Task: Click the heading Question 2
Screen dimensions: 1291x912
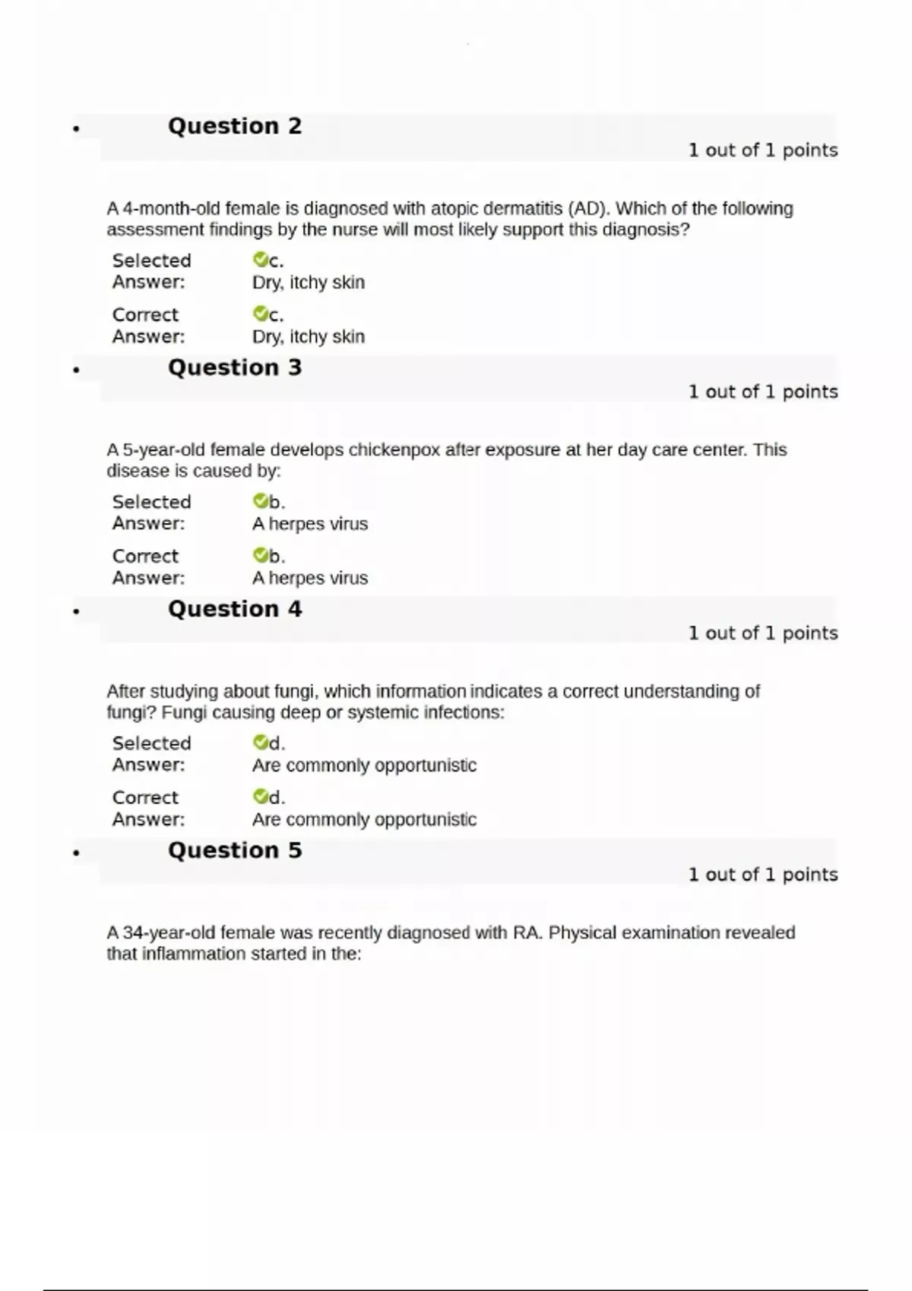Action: (x=234, y=126)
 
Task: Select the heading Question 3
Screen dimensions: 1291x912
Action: (x=234, y=368)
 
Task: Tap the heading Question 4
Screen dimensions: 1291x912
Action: (x=234, y=609)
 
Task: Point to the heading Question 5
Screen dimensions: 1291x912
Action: (x=234, y=851)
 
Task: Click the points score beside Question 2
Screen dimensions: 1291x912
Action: (x=762, y=150)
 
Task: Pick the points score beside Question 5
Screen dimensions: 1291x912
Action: (x=762, y=875)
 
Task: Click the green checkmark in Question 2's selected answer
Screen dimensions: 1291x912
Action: (x=260, y=260)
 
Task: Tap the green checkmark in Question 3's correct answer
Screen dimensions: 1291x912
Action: (x=260, y=555)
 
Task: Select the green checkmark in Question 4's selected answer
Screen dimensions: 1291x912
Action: (x=260, y=742)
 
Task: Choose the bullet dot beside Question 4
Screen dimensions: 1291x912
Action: (x=76, y=611)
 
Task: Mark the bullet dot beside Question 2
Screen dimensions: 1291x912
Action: (x=76, y=128)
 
